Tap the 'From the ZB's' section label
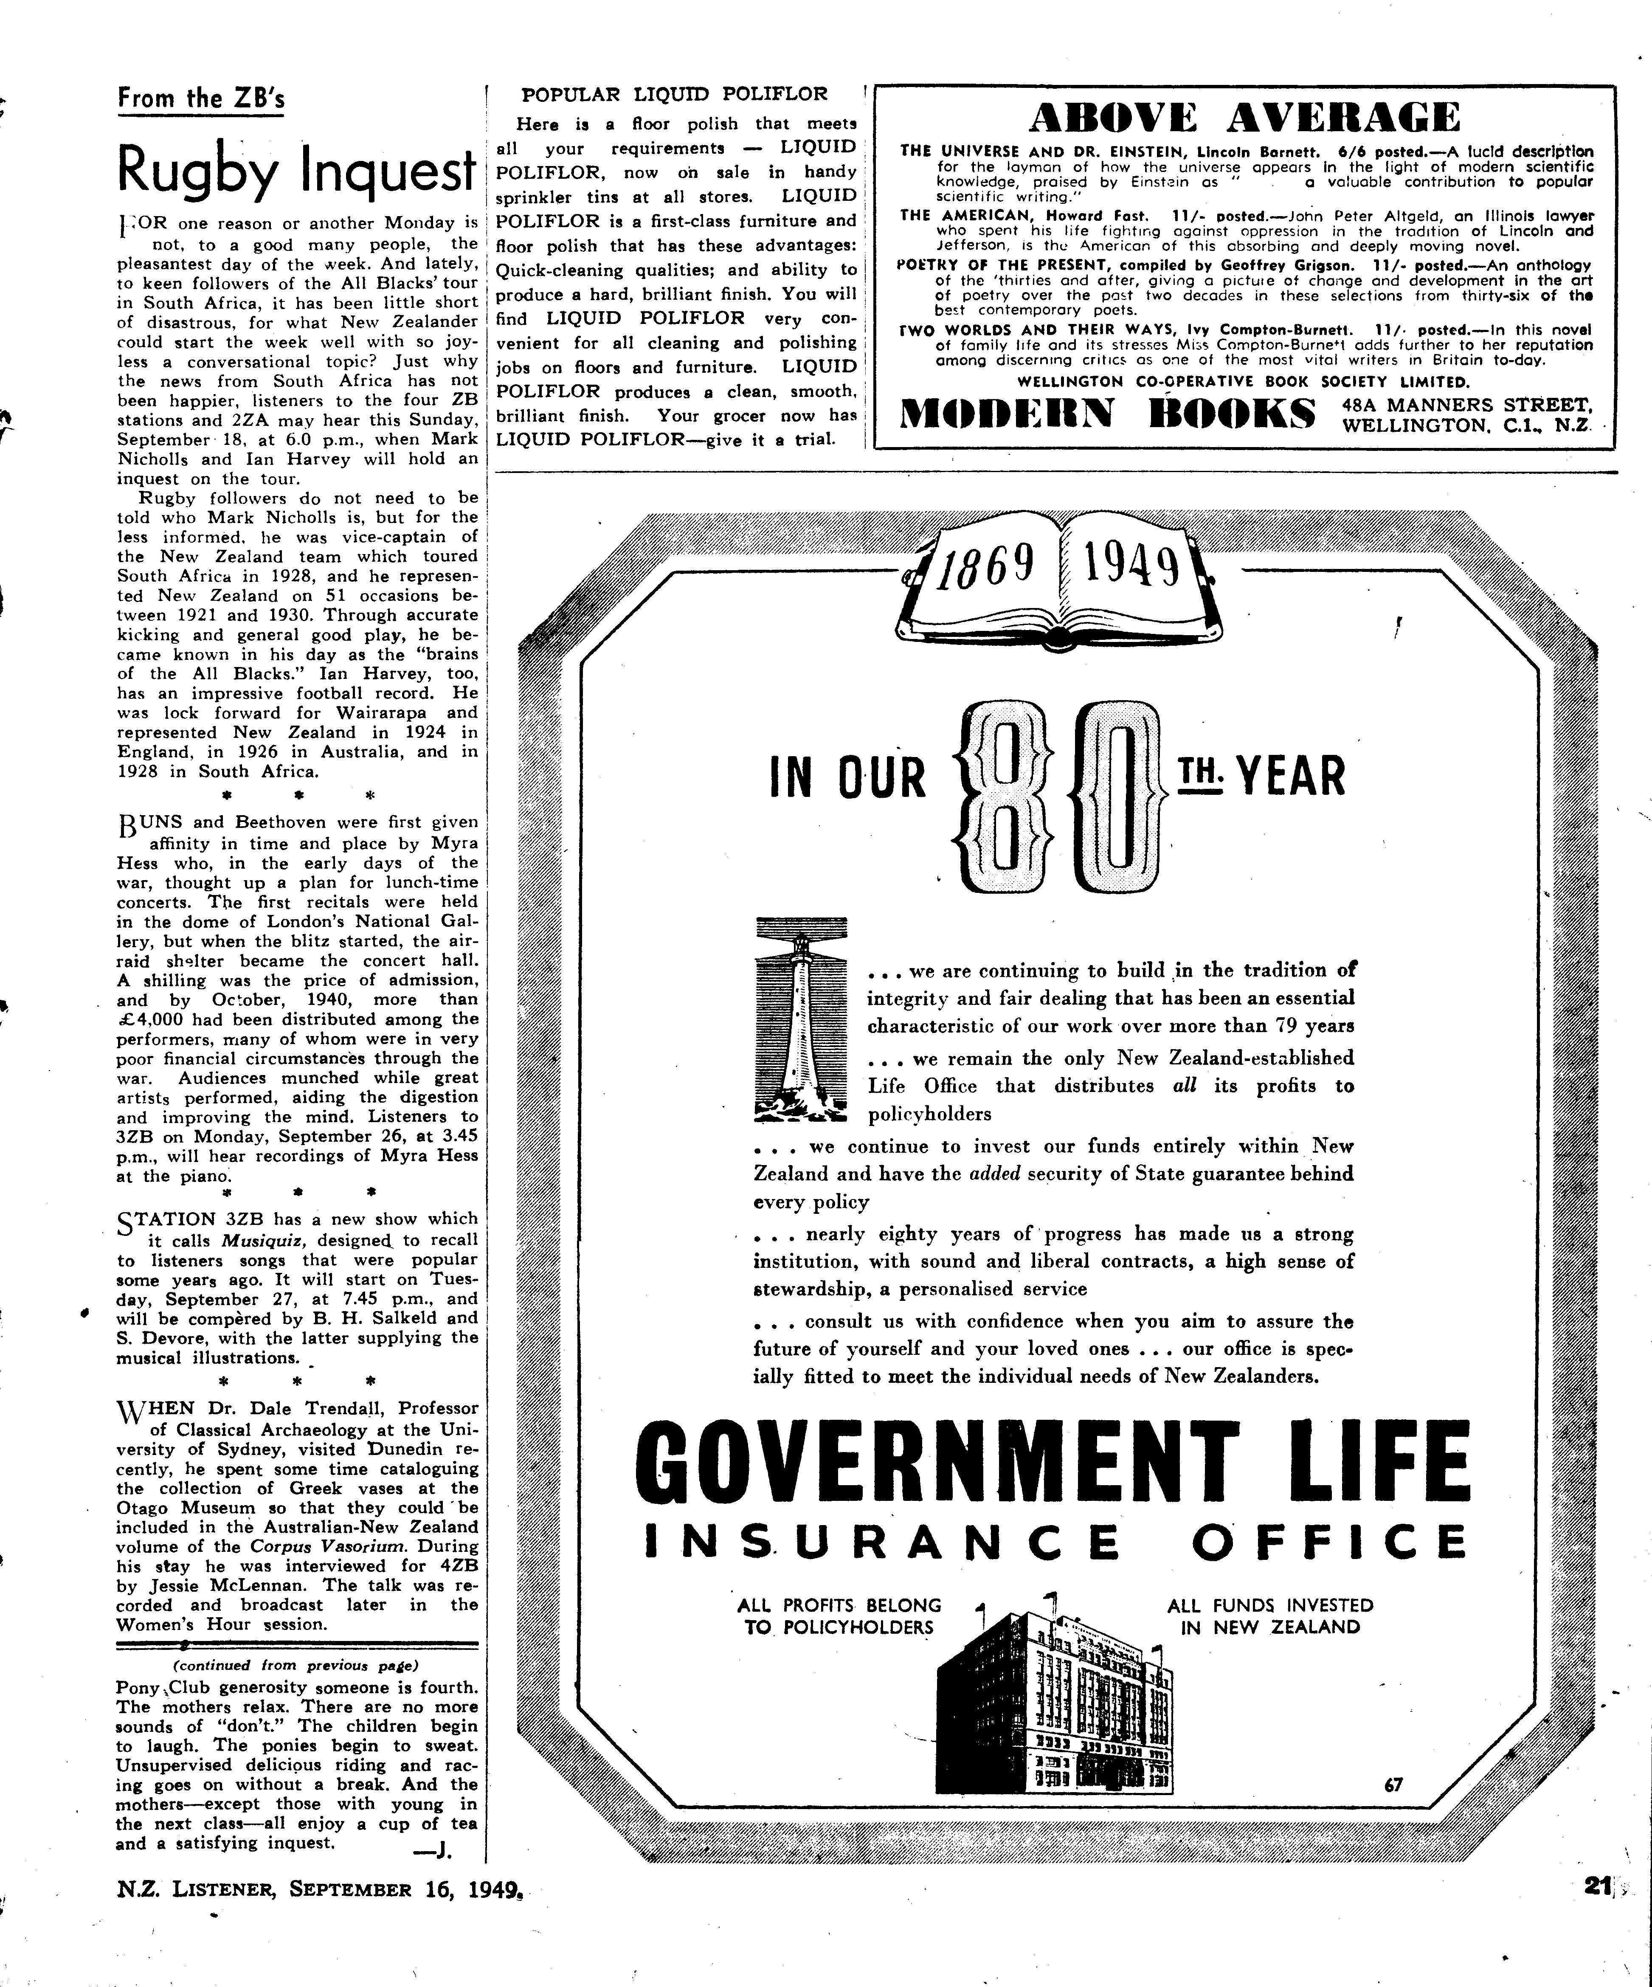[x=200, y=99]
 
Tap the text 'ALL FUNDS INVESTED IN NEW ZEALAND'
[x=1270, y=1616]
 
